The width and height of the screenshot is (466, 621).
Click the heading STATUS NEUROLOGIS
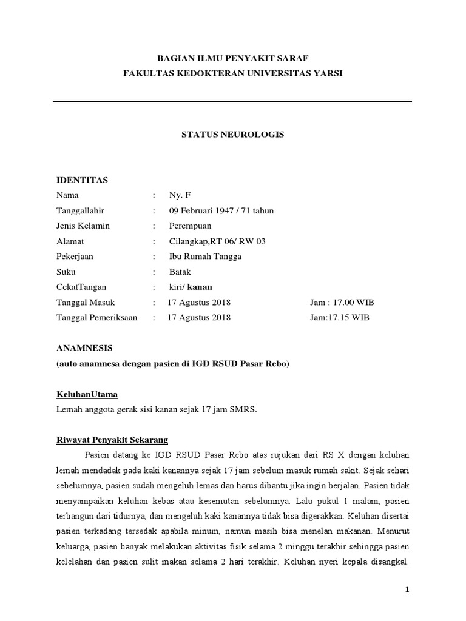pos(233,135)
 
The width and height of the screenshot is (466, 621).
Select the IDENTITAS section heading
pos(82,180)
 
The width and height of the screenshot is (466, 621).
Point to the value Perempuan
pos(191,226)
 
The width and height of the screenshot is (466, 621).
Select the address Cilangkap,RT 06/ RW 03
pos(217,241)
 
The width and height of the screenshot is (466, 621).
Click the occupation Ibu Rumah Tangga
pos(205,256)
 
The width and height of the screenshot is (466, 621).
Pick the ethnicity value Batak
pos(180,272)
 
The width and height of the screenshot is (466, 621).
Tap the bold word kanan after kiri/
pos(200,287)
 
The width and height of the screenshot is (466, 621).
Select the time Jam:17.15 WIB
pos(339,317)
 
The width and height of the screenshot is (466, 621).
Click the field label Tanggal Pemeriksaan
pos(97,317)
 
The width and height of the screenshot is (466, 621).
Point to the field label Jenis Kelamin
pos(83,226)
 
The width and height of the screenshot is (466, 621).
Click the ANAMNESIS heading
pos(84,348)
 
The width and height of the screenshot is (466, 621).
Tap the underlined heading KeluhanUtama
pos(87,394)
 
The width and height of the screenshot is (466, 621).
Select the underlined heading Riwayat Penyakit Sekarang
pos(112,440)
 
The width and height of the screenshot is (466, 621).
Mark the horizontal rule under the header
pos(233,101)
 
